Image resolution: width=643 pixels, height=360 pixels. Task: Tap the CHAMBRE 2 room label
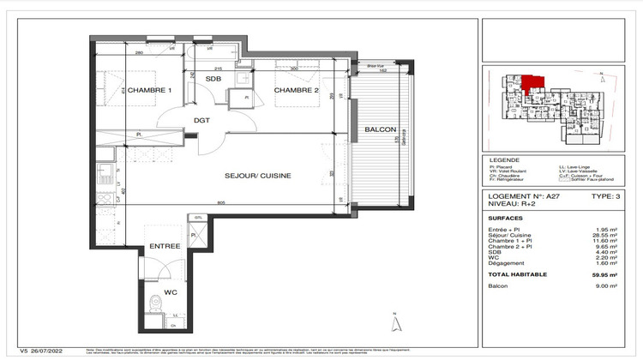point(297,91)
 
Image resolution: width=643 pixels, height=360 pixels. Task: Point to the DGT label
point(202,120)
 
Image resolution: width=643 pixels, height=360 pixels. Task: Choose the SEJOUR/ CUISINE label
point(258,175)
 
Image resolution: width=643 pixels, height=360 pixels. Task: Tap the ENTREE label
point(164,245)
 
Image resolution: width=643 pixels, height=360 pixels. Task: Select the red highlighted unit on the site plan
point(532,82)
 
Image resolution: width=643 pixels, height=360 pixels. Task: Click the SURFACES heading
point(505,218)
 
